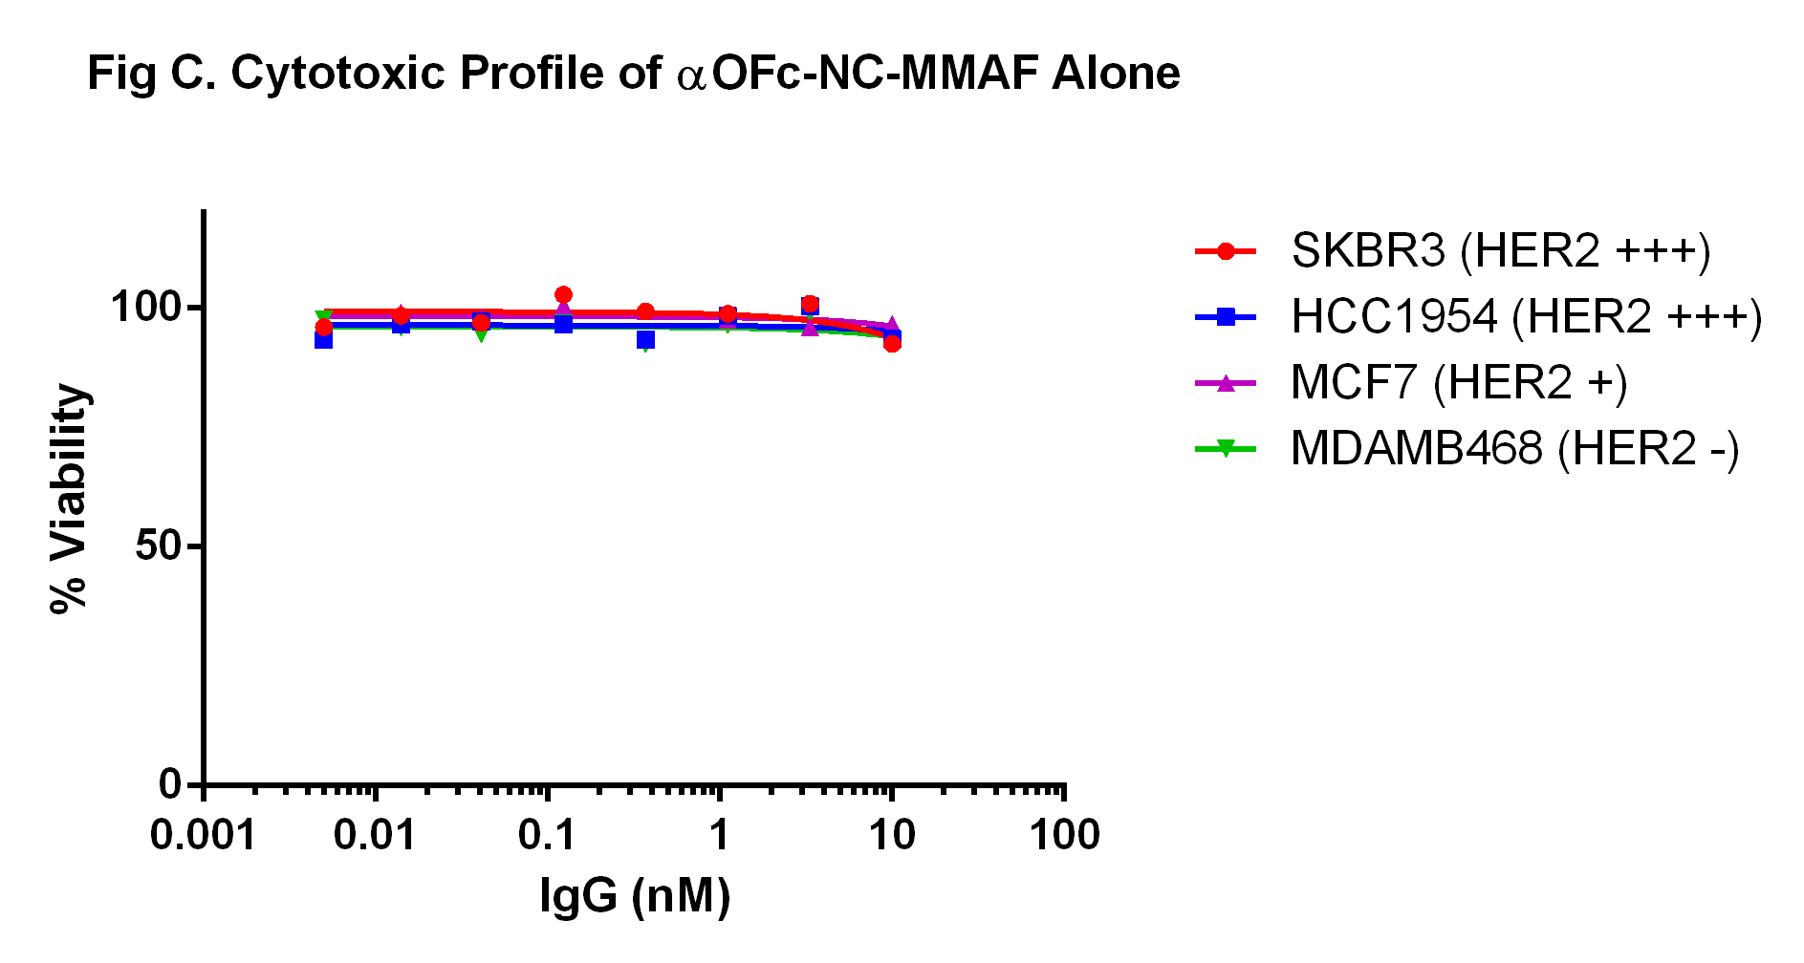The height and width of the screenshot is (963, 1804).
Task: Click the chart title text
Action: tap(633, 74)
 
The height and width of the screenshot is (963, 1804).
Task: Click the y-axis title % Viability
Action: tap(69, 498)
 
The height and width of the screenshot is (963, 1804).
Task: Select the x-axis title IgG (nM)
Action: tap(635, 896)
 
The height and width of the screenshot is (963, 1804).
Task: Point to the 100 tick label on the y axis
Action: tap(145, 307)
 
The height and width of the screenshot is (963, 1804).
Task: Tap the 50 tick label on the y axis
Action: tap(158, 546)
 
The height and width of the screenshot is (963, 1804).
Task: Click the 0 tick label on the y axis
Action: tap(170, 784)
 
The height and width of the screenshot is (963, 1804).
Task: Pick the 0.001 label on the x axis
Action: tap(203, 836)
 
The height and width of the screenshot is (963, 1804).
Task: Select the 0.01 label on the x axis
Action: tap(375, 836)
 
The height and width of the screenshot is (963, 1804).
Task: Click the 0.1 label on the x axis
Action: tap(547, 836)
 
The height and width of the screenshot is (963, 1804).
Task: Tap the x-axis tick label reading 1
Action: tap(719, 836)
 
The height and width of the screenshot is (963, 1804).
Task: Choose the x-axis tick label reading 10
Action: tap(891, 836)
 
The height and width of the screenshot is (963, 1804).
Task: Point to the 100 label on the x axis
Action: tap(1064, 836)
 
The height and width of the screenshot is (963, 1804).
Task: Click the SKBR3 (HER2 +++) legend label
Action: tap(1500, 251)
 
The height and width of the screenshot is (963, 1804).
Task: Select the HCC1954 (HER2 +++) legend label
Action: tap(1526, 317)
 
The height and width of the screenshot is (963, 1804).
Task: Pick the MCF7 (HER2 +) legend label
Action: tap(1458, 383)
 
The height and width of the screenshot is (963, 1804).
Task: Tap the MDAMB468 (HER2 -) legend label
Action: tap(1514, 449)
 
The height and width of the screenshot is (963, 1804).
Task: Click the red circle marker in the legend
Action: tap(1226, 251)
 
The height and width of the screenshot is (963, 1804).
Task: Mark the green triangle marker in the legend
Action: tap(1226, 448)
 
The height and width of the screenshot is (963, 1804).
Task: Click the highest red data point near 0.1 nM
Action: tap(563, 295)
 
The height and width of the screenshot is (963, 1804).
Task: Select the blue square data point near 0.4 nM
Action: tap(645, 339)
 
